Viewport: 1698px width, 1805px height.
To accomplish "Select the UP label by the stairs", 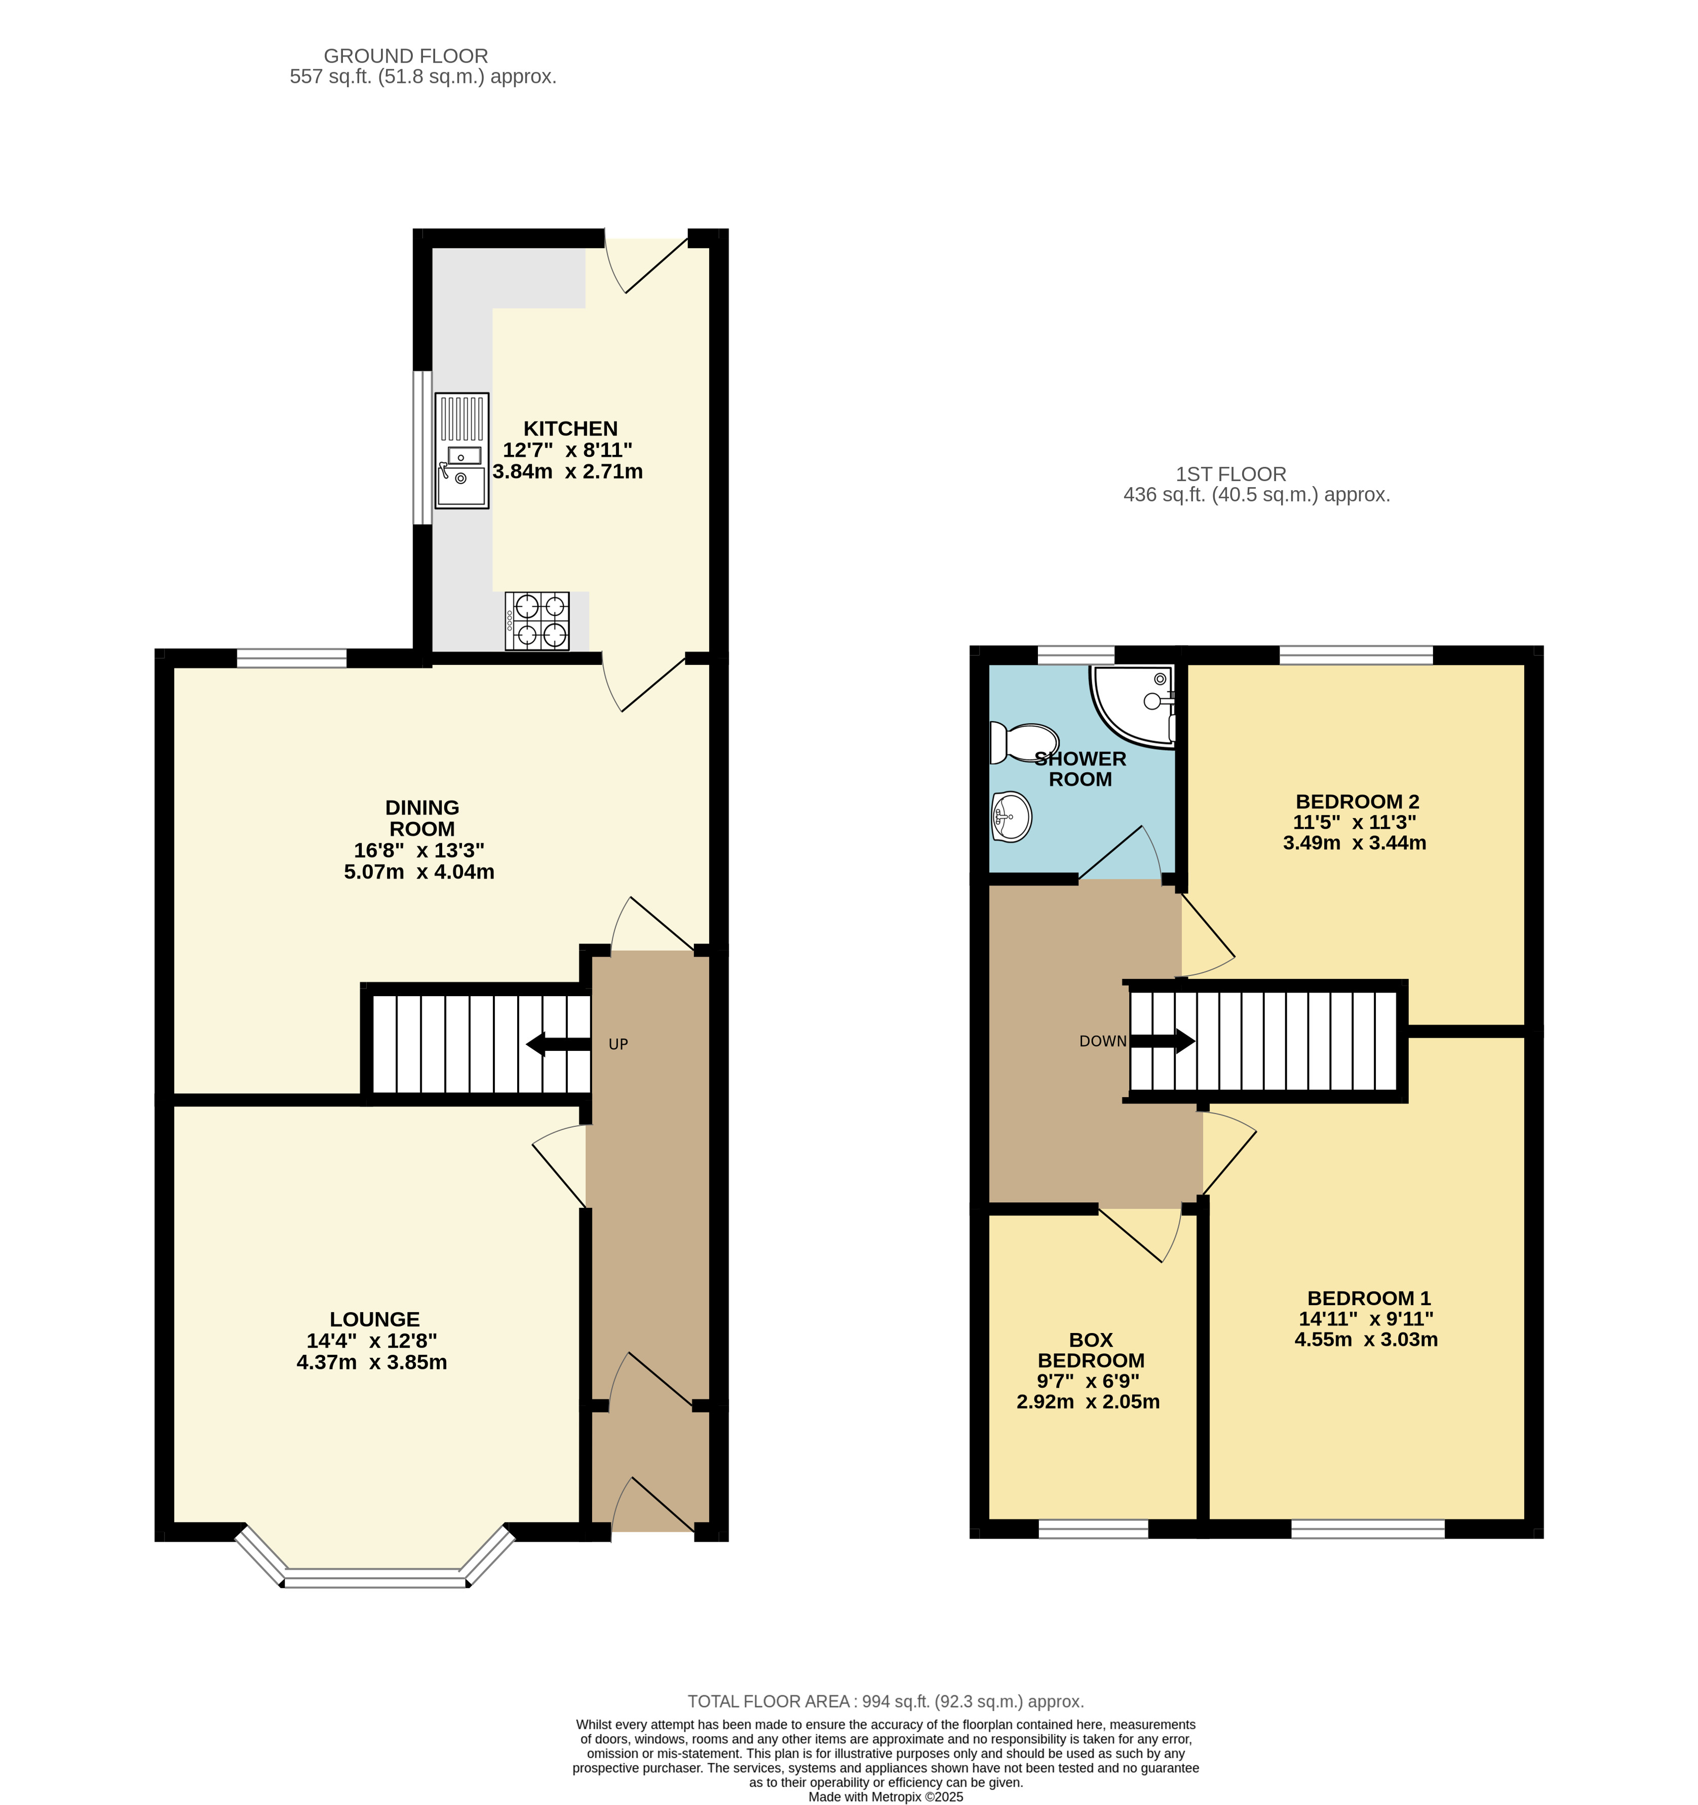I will pyautogui.click(x=619, y=1044).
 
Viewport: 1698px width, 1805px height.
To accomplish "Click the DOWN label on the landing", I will pyautogui.click(x=1102, y=1041).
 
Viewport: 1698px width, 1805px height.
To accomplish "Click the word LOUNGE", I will pyautogui.click(x=374, y=1319).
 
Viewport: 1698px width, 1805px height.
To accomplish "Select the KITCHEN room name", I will pyautogui.click(x=570, y=428).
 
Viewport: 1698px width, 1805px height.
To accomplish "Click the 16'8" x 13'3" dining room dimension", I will pyautogui.click(x=418, y=851).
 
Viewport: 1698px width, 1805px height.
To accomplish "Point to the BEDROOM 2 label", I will pyautogui.click(x=1357, y=802).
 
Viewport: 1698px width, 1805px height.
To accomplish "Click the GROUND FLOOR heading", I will pyautogui.click(x=406, y=56).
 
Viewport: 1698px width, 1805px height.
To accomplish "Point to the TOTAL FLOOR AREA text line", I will pyautogui.click(x=885, y=1702).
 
